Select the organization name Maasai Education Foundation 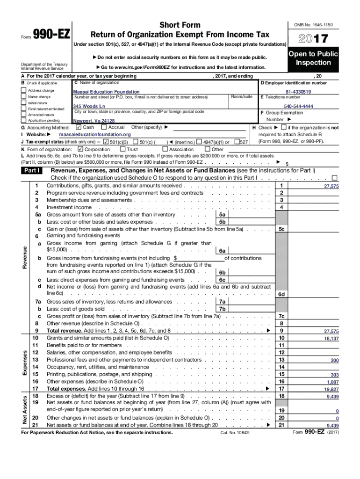(x=106, y=92)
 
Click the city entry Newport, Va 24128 (x=94, y=121)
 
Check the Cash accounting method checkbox (x=78, y=127)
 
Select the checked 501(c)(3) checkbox (x=106, y=142)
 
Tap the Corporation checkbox (x=80, y=149)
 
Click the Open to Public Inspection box (x=313, y=58)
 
